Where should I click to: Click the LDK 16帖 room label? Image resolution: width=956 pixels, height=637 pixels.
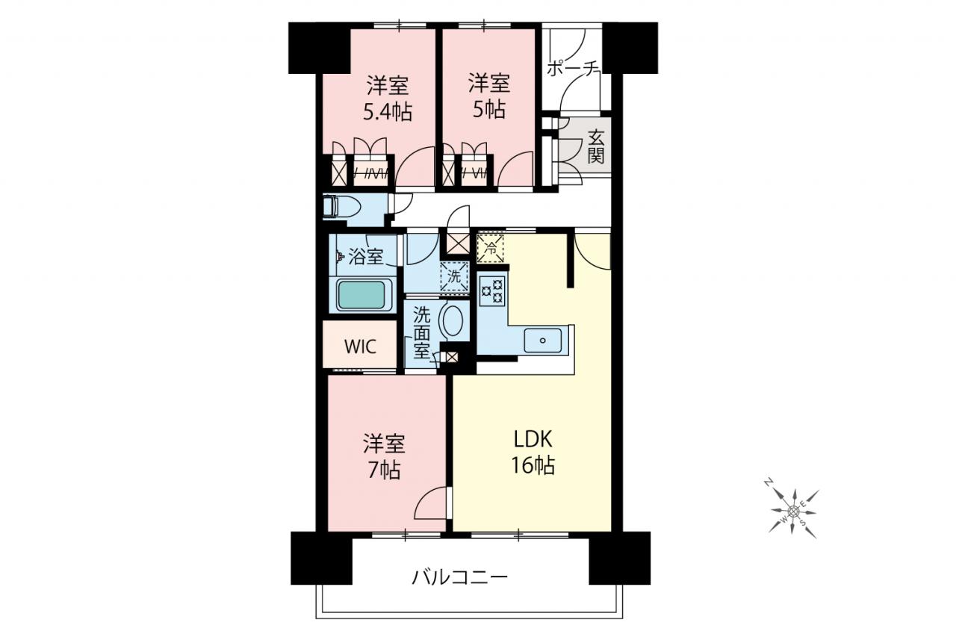(533, 453)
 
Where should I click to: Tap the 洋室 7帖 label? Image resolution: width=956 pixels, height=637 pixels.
(384, 456)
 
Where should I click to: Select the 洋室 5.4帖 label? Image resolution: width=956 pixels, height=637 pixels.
(388, 99)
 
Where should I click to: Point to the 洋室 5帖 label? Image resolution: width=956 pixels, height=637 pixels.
(489, 96)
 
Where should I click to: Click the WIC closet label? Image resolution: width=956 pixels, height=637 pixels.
(360, 347)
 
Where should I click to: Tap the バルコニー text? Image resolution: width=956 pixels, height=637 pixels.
(460, 578)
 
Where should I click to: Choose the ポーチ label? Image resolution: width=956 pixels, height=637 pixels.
(574, 69)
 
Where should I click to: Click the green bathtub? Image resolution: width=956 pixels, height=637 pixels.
(361, 295)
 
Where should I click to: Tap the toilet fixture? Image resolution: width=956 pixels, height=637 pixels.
(342, 208)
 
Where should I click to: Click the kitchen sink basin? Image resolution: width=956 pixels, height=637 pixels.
(542, 340)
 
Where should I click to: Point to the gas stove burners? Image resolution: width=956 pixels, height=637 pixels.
(492, 291)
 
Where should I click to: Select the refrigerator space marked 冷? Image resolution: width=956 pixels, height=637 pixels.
(491, 249)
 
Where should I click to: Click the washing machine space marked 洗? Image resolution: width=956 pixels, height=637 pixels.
(454, 276)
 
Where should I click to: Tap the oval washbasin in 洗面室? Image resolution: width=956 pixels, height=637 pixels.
(453, 320)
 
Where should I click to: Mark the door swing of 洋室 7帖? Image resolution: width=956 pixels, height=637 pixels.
(431, 503)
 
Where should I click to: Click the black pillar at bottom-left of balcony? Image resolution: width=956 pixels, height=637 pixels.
(321, 558)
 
